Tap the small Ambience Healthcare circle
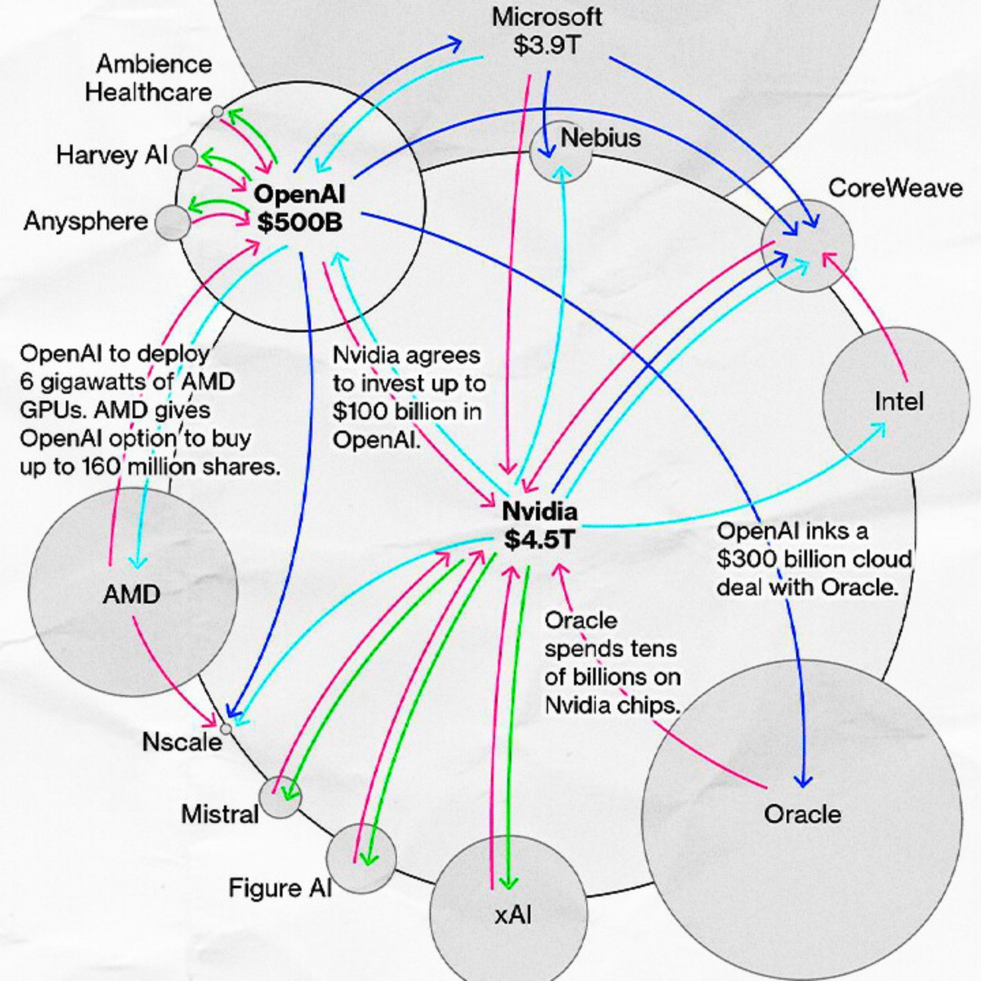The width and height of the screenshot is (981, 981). point(217,111)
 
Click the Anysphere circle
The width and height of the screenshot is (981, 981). point(172,222)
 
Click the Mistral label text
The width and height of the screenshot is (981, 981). point(219,815)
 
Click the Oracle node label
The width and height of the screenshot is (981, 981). point(802,815)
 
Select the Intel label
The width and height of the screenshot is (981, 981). point(899,402)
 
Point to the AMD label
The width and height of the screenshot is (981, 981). point(131,594)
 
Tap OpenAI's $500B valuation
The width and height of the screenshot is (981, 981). point(300,222)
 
